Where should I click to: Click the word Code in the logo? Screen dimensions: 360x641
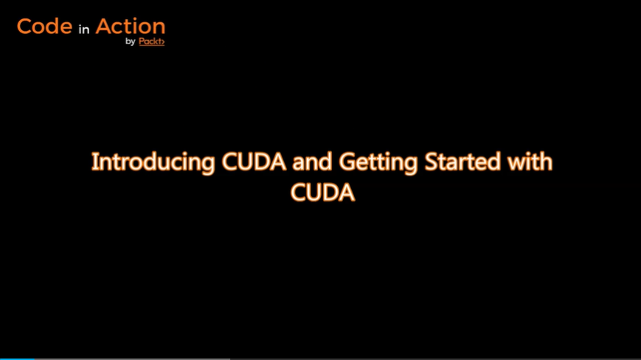tap(44, 27)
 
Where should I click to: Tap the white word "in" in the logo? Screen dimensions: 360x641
tap(84, 30)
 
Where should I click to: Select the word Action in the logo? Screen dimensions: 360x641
tap(130, 27)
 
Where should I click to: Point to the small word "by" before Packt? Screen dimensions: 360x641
tap(131, 42)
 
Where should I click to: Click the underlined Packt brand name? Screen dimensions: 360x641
tap(150, 41)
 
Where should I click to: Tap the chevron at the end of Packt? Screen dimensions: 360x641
tap(162, 42)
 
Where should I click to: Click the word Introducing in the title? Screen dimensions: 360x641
tap(153, 162)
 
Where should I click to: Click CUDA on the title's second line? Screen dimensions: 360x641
tap(322, 193)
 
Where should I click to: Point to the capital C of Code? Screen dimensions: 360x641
tap(24, 27)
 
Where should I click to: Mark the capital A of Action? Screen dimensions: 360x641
tap(104, 27)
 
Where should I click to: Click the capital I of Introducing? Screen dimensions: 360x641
tap(94, 162)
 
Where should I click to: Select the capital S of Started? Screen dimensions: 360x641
tap(432, 162)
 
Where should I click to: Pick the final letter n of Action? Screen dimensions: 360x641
tap(159, 28)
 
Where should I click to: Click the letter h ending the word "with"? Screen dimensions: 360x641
tap(545, 161)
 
